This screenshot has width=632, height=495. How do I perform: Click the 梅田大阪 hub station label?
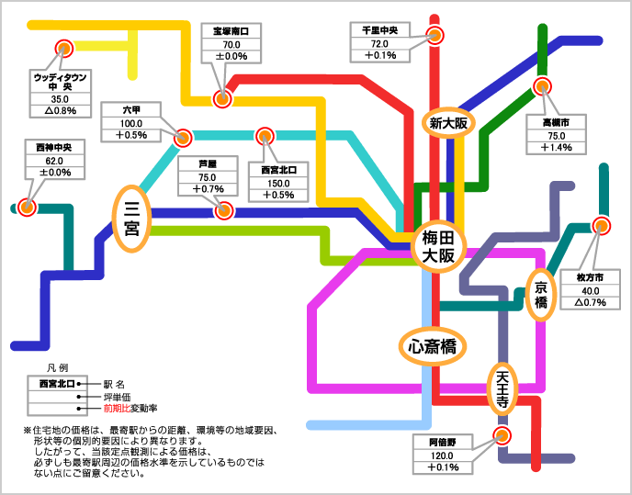pos(438,247)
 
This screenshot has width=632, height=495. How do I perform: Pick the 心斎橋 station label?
pos(432,346)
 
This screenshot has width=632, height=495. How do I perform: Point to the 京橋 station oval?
pos(541,294)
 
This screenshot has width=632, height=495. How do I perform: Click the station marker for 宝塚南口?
pos(221,98)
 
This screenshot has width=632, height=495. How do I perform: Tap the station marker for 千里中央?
pos(435,36)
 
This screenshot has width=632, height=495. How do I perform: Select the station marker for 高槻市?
pos(542,86)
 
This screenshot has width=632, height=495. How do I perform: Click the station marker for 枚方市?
pos(602,225)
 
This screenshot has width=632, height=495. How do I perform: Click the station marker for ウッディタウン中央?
pos(64,49)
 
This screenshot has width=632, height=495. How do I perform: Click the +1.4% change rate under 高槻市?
pos(557,147)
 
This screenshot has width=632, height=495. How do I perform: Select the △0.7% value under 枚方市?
pos(591,301)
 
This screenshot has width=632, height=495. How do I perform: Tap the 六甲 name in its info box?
pos(131,110)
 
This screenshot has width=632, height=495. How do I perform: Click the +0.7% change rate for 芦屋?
pos(208,189)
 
